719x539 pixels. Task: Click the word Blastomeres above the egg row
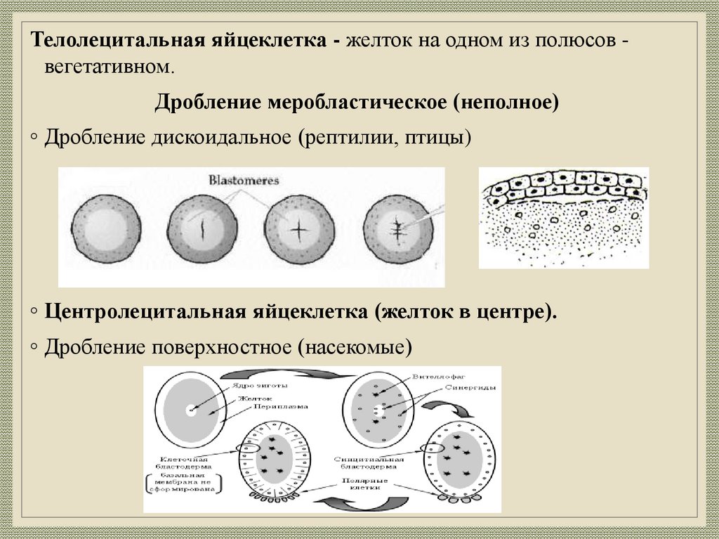[244, 181]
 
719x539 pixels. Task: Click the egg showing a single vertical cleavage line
[200, 229]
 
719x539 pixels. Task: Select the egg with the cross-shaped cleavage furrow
[297, 229]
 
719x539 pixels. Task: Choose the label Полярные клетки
[361, 485]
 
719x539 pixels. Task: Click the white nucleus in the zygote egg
[190, 410]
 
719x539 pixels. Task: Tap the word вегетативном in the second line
[107, 68]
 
